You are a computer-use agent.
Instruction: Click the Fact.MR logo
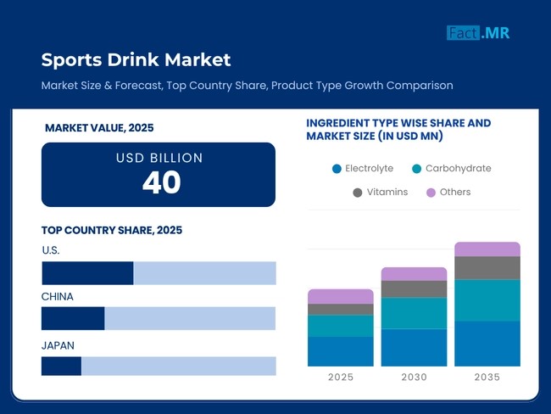pyautogui.click(x=478, y=33)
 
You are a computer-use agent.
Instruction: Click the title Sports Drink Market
pyautogui.click(x=136, y=60)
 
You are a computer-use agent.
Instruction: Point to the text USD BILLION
pyautogui.click(x=159, y=158)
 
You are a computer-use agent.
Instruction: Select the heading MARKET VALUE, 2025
pyautogui.click(x=99, y=128)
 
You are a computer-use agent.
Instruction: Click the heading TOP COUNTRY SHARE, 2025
pyautogui.click(x=111, y=230)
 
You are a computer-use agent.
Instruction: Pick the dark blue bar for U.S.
pyautogui.click(x=87, y=273)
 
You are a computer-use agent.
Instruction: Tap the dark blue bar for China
pyautogui.click(x=73, y=319)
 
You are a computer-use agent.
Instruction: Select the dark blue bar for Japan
pyautogui.click(x=61, y=366)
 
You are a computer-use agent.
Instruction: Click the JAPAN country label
pyautogui.click(x=58, y=345)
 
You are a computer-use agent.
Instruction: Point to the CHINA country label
pyautogui.click(x=58, y=297)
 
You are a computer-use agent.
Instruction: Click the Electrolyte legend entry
pyautogui.click(x=362, y=169)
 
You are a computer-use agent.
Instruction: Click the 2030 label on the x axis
pyautogui.click(x=414, y=378)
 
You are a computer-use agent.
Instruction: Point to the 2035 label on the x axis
pyautogui.click(x=487, y=378)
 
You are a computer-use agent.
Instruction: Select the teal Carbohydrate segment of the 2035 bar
pyautogui.click(x=487, y=300)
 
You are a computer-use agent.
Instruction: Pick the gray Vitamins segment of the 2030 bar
pyautogui.click(x=414, y=289)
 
